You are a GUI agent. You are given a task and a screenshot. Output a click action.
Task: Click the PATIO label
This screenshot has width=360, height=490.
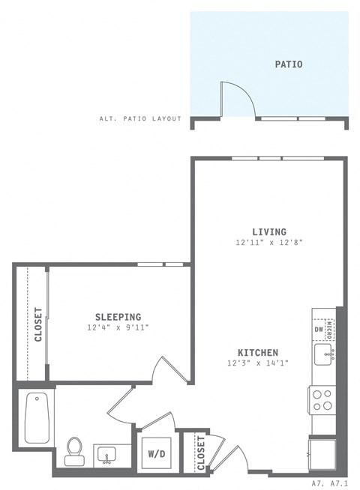(288, 64)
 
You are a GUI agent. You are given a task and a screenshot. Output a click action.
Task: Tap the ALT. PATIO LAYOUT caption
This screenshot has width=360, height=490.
(140, 118)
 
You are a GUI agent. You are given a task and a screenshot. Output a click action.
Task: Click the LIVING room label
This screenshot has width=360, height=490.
(268, 232)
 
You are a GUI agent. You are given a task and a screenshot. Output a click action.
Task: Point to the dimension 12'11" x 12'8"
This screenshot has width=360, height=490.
(268, 243)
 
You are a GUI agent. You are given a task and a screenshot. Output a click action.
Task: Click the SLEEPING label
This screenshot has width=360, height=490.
(118, 317)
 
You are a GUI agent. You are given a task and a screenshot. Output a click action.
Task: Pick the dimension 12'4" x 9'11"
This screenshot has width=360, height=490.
(118, 328)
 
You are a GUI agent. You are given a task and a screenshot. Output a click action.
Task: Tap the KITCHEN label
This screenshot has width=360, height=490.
(258, 352)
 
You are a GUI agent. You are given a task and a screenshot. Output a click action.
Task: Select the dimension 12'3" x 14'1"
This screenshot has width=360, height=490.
(258, 363)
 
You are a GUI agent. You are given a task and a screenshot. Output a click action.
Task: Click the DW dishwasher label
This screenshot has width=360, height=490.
(318, 329)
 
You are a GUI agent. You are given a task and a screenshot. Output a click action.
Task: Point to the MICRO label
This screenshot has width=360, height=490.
(331, 328)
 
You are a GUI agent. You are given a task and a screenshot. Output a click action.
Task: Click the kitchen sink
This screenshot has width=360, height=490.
(324, 355)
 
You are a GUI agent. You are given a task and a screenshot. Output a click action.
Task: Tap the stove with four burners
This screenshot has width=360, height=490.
(322, 399)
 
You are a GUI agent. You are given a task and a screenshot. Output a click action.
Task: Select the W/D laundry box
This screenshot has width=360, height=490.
(157, 453)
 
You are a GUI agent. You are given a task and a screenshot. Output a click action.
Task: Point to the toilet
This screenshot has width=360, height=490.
(74, 451)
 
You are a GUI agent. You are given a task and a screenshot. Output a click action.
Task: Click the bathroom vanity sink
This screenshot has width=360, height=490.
(106, 455)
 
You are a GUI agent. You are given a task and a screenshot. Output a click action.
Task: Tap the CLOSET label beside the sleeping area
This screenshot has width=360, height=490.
(37, 324)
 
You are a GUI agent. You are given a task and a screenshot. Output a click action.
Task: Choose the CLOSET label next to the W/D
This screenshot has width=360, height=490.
(200, 453)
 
